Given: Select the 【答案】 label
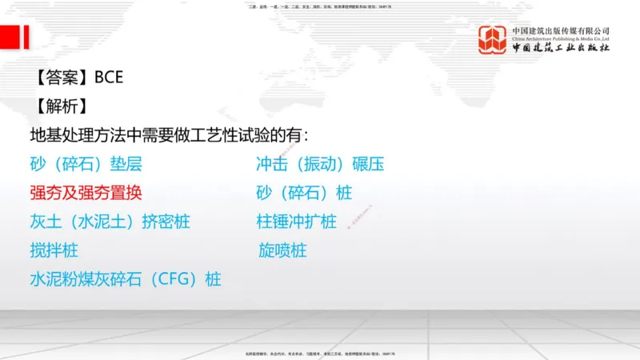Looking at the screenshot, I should click(x=62, y=78).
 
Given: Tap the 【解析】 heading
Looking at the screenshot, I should click(x=62, y=106).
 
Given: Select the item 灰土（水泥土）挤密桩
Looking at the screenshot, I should click(x=110, y=222).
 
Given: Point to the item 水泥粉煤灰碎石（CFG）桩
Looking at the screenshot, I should click(x=126, y=279).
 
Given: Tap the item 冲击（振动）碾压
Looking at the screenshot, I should click(x=320, y=164).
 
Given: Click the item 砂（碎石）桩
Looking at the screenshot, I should click(x=304, y=193).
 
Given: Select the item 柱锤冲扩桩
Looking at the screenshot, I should click(x=296, y=222).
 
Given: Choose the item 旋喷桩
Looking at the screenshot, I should click(x=282, y=250).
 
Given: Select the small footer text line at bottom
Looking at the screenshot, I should click(x=320, y=353).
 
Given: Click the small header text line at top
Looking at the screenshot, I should click(x=320, y=6).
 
